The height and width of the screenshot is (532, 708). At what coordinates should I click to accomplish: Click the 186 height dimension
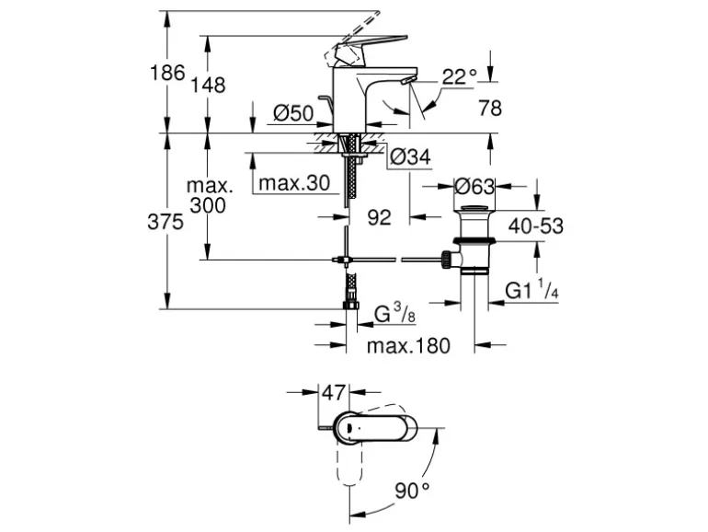(x=168, y=73)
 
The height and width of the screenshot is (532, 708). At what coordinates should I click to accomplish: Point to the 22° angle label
(x=460, y=77)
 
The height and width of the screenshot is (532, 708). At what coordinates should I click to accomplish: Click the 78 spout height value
(x=490, y=108)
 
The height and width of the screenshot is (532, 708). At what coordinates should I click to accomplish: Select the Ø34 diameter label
(x=409, y=157)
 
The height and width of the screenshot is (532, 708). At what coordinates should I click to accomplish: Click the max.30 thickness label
(x=293, y=183)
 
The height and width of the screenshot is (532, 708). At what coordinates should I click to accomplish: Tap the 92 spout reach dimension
(x=379, y=217)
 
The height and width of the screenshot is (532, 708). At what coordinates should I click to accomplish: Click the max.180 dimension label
(x=408, y=347)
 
